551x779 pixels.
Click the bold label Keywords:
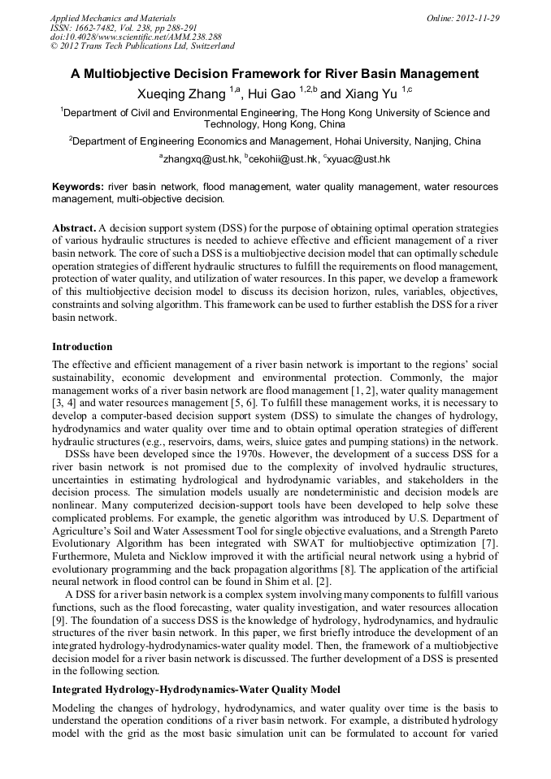point(77,186)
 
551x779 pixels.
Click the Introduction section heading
point(82,347)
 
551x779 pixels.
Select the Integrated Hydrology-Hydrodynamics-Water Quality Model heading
point(195,689)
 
